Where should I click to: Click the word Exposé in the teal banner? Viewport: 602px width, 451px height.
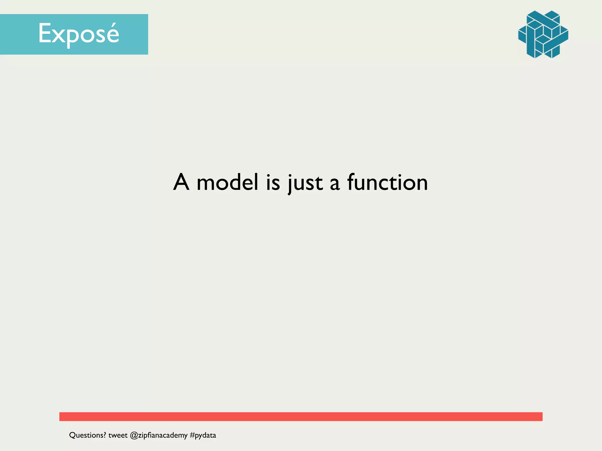tap(78, 34)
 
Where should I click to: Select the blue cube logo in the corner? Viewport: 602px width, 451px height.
tap(543, 34)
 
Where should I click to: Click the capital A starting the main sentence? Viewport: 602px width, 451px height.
tap(181, 182)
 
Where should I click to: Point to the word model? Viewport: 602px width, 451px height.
tap(227, 182)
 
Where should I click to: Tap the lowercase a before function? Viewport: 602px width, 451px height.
tap(335, 184)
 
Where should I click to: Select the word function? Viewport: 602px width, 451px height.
tap(387, 182)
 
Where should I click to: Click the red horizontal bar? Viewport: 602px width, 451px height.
tap(301, 416)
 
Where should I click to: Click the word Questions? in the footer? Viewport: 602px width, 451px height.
tap(87, 435)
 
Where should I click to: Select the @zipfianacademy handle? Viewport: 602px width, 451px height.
tap(159, 435)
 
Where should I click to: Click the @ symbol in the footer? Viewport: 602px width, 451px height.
tap(134, 435)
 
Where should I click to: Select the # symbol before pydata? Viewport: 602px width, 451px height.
tap(192, 435)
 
